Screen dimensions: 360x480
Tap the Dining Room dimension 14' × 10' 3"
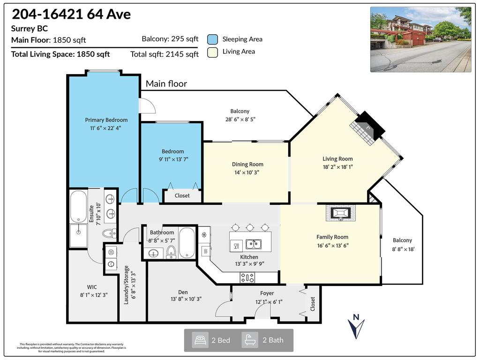tap(247, 172)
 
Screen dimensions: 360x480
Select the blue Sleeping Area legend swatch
tap(213, 39)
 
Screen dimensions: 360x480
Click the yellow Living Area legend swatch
tap(213, 52)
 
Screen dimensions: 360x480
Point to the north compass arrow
tap(356, 326)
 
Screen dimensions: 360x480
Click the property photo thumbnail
tap(420, 39)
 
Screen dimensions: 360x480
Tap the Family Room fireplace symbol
tap(340, 213)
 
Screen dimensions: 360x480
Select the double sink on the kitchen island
tap(254, 244)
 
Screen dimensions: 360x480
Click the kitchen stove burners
tap(247, 277)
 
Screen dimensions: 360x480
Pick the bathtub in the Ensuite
tap(78, 206)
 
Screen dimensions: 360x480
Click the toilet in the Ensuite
tap(109, 232)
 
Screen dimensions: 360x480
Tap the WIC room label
tap(92, 287)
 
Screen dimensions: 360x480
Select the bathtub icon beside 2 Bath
tap(250, 340)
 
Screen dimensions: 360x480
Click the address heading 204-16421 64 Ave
tap(71, 14)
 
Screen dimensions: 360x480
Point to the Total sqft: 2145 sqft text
tap(165, 54)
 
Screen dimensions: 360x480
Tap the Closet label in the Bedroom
tap(182, 195)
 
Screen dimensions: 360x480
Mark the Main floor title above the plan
tap(166, 84)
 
